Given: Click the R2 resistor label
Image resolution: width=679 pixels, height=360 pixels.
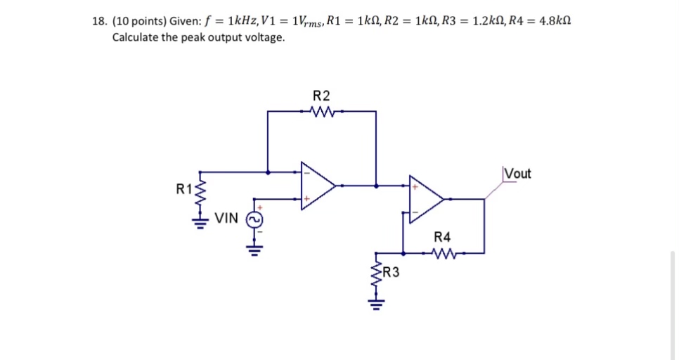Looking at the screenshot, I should (321, 96).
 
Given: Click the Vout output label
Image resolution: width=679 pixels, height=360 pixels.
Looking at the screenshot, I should (517, 174).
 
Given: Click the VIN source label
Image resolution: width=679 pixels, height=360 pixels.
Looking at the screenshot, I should (226, 218).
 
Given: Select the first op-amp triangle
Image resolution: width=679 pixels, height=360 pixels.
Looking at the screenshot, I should (317, 185).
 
